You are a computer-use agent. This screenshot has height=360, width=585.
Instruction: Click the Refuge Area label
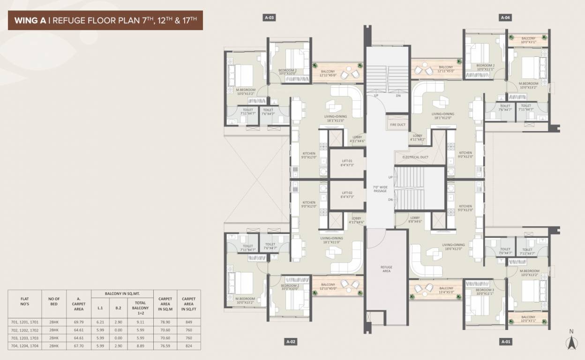point(386,269)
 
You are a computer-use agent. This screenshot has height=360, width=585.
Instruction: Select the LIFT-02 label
point(347,195)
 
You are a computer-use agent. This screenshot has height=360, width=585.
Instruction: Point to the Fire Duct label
point(397,125)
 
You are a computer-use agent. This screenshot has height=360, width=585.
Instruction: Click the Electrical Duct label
point(415,157)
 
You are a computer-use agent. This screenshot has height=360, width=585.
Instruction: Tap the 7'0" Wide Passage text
point(380,189)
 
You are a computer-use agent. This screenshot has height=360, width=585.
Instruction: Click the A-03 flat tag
point(269,18)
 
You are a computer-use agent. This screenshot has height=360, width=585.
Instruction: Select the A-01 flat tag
point(505,342)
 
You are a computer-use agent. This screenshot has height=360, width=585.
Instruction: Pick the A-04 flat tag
point(505,18)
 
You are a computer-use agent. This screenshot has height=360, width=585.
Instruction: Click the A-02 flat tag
point(291,342)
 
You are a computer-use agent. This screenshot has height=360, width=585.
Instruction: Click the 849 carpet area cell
point(188,322)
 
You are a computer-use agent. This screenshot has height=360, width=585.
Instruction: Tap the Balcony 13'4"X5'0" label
point(446,291)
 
